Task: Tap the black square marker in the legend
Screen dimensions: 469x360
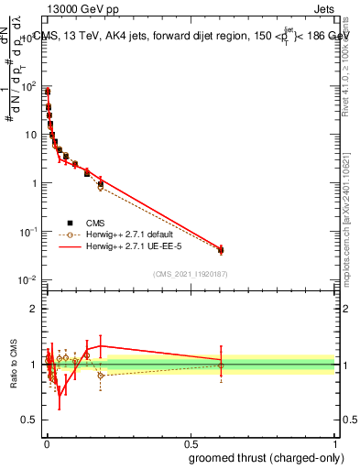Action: (x=70, y=223)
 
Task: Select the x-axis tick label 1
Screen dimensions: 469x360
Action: (x=336, y=442)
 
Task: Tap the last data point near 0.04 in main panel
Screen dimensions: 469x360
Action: (x=221, y=250)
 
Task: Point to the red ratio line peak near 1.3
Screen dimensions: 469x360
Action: (x=100, y=346)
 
